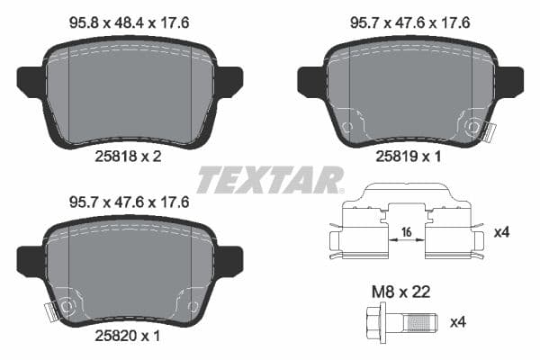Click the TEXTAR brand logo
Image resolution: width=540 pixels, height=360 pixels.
269,179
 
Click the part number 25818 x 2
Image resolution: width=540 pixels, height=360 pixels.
128,156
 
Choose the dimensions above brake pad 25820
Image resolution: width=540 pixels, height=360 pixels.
130,203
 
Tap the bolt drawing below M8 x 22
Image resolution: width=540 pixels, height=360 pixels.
400,319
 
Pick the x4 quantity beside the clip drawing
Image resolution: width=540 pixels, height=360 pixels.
502,232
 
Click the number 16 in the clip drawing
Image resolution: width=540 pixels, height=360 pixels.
406,232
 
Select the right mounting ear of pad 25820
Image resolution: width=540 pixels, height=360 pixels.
230,261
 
